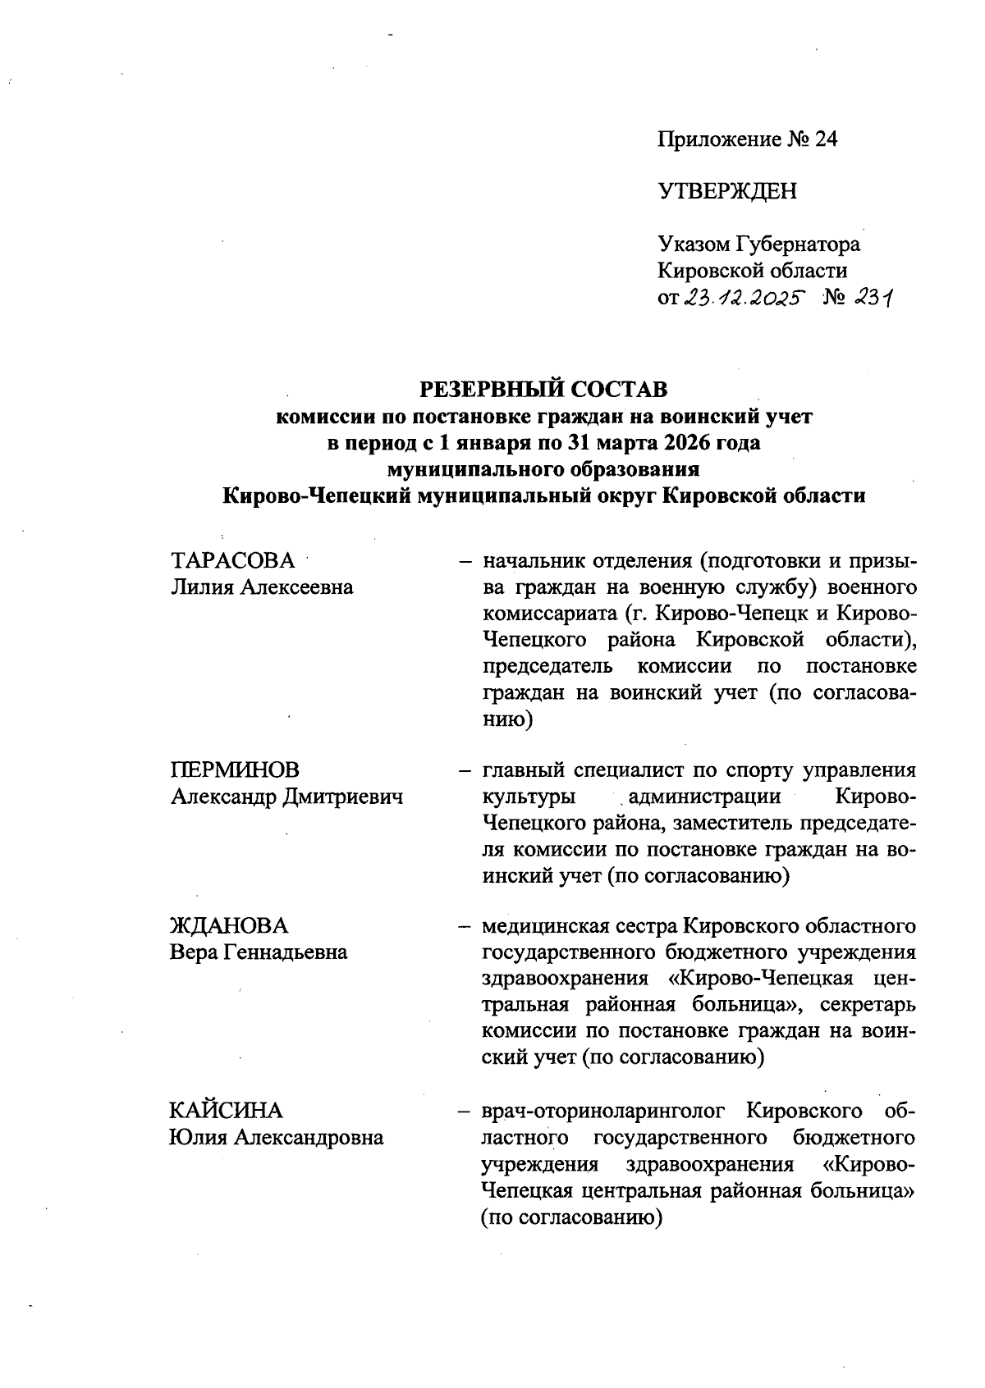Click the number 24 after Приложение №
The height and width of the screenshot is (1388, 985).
pyautogui.click(x=825, y=139)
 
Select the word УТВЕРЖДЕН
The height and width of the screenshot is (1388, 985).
pyautogui.click(x=726, y=192)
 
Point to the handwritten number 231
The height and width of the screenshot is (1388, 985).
pyautogui.click(x=872, y=299)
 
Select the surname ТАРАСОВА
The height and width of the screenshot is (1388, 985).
pyautogui.click(x=232, y=561)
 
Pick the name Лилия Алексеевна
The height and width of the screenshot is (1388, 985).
pyautogui.click(x=262, y=587)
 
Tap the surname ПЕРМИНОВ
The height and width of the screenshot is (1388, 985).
pyautogui.click(x=235, y=769)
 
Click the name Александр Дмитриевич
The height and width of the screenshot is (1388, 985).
pyautogui.click(x=286, y=796)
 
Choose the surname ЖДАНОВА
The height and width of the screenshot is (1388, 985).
pyautogui.click(x=229, y=925)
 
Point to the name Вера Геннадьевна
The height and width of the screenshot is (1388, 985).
pyautogui.click(x=259, y=952)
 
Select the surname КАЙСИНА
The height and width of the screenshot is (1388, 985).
pyautogui.click(x=226, y=1111)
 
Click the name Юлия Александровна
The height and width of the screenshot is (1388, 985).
pyautogui.click(x=277, y=1138)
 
